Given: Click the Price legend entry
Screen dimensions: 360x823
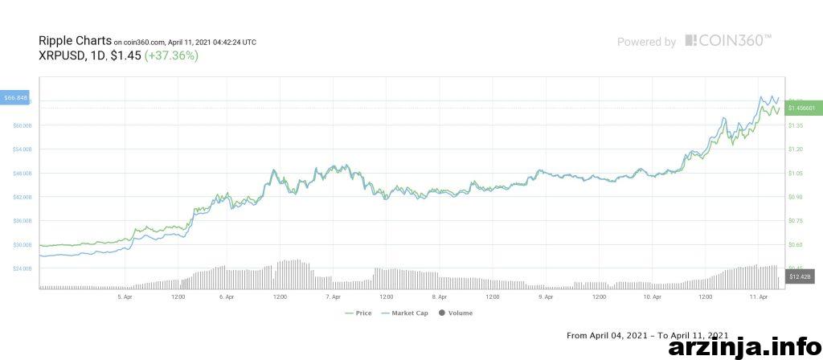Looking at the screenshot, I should (x=359, y=313).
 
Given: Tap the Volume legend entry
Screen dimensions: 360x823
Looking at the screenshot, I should (x=456, y=313).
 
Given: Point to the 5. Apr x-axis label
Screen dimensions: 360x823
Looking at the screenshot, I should (x=125, y=297).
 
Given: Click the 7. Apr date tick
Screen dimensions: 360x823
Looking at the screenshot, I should (x=334, y=297).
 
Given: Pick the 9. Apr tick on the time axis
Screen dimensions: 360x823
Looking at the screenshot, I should (x=547, y=297).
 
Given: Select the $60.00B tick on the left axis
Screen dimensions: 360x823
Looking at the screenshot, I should (x=23, y=125).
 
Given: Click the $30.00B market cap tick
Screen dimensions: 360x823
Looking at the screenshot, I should (x=23, y=244).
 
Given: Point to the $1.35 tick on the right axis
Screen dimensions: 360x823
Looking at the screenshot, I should (x=796, y=125).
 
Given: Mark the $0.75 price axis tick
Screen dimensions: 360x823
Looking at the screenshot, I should (x=796, y=220).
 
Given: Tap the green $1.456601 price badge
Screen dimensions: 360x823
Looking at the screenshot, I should (x=803, y=108).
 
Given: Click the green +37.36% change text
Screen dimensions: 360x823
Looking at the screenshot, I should (x=171, y=55).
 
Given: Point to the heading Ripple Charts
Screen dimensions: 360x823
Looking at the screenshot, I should (x=75, y=40).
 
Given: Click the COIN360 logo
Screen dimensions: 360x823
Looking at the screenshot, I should (x=728, y=40).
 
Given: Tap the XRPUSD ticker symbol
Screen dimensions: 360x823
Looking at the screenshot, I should (x=60, y=55).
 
